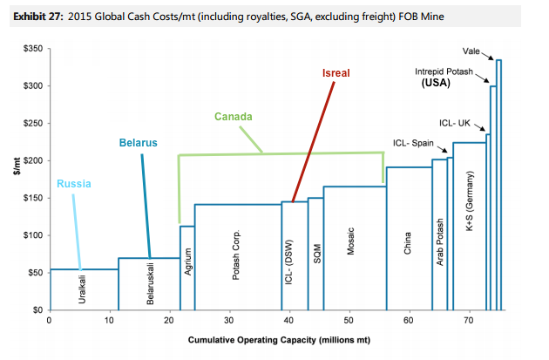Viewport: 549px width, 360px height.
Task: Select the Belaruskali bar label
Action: (150, 286)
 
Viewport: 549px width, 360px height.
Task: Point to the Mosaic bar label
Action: (350, 248)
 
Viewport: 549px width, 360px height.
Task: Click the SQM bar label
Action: (316, 253)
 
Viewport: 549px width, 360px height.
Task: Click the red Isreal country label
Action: (335, 73)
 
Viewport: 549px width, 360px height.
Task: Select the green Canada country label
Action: (234, 116)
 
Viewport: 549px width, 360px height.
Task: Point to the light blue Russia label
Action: (74, 184)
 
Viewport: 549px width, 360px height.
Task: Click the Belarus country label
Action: (139, 142)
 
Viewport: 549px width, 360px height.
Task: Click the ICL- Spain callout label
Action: (413, 142)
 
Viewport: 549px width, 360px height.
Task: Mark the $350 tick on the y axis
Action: (30, 49)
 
